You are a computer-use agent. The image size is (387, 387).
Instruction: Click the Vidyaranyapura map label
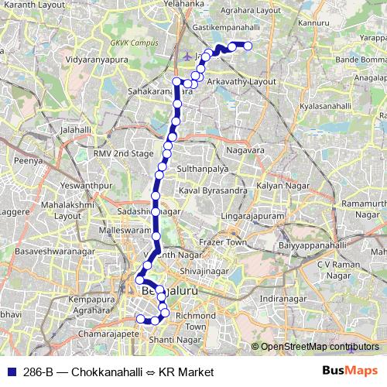point(100,59)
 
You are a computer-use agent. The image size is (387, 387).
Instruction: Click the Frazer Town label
point(223,242)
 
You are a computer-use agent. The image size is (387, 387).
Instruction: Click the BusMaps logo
point(350,371)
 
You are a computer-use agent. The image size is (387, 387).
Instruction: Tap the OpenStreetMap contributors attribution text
point(320,347)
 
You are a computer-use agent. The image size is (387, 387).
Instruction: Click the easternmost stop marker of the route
point(248,46)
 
